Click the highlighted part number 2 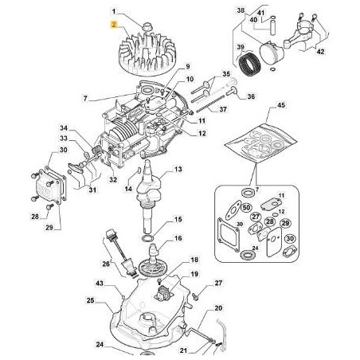(115, 25)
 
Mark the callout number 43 (100, 283)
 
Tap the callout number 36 (229, 96)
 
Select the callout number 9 (189, 66)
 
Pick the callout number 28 (34, 216)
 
